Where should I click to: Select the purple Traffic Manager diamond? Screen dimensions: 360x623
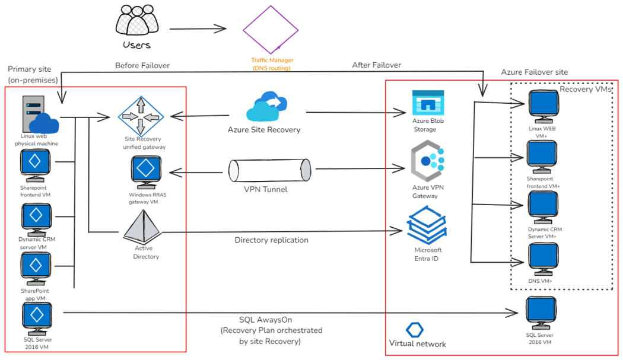coord(271,29)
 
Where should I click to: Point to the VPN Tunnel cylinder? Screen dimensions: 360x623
coord(271,170)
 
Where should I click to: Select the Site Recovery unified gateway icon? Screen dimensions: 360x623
coord(141,116)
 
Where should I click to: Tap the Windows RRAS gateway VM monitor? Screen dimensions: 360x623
coord(145,171)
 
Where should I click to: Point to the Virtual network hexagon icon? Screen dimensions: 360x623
coord(415,330)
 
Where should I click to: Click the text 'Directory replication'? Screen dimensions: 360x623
coord(271,240)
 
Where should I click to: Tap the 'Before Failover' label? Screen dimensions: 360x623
coord(142,65)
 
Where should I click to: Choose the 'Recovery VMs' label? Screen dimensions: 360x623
coord(585,89)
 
